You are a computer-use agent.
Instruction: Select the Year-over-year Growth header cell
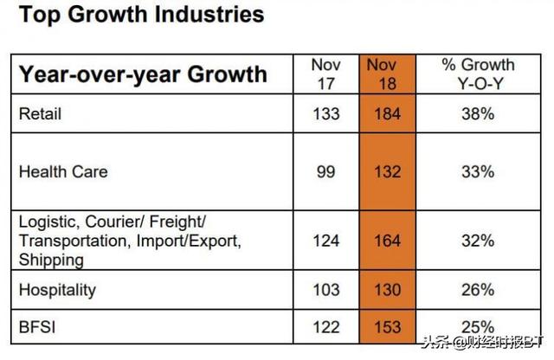[143, 74]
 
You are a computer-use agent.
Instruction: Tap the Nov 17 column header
[326, 74]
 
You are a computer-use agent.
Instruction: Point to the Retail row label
[41, 112]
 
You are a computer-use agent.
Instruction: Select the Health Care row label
[63, 171]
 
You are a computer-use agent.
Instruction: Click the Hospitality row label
[57, 289]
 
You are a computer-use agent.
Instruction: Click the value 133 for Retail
[326, 112]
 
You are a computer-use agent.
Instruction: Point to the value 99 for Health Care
[326, 171]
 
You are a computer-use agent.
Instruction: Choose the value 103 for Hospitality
[326, 289]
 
